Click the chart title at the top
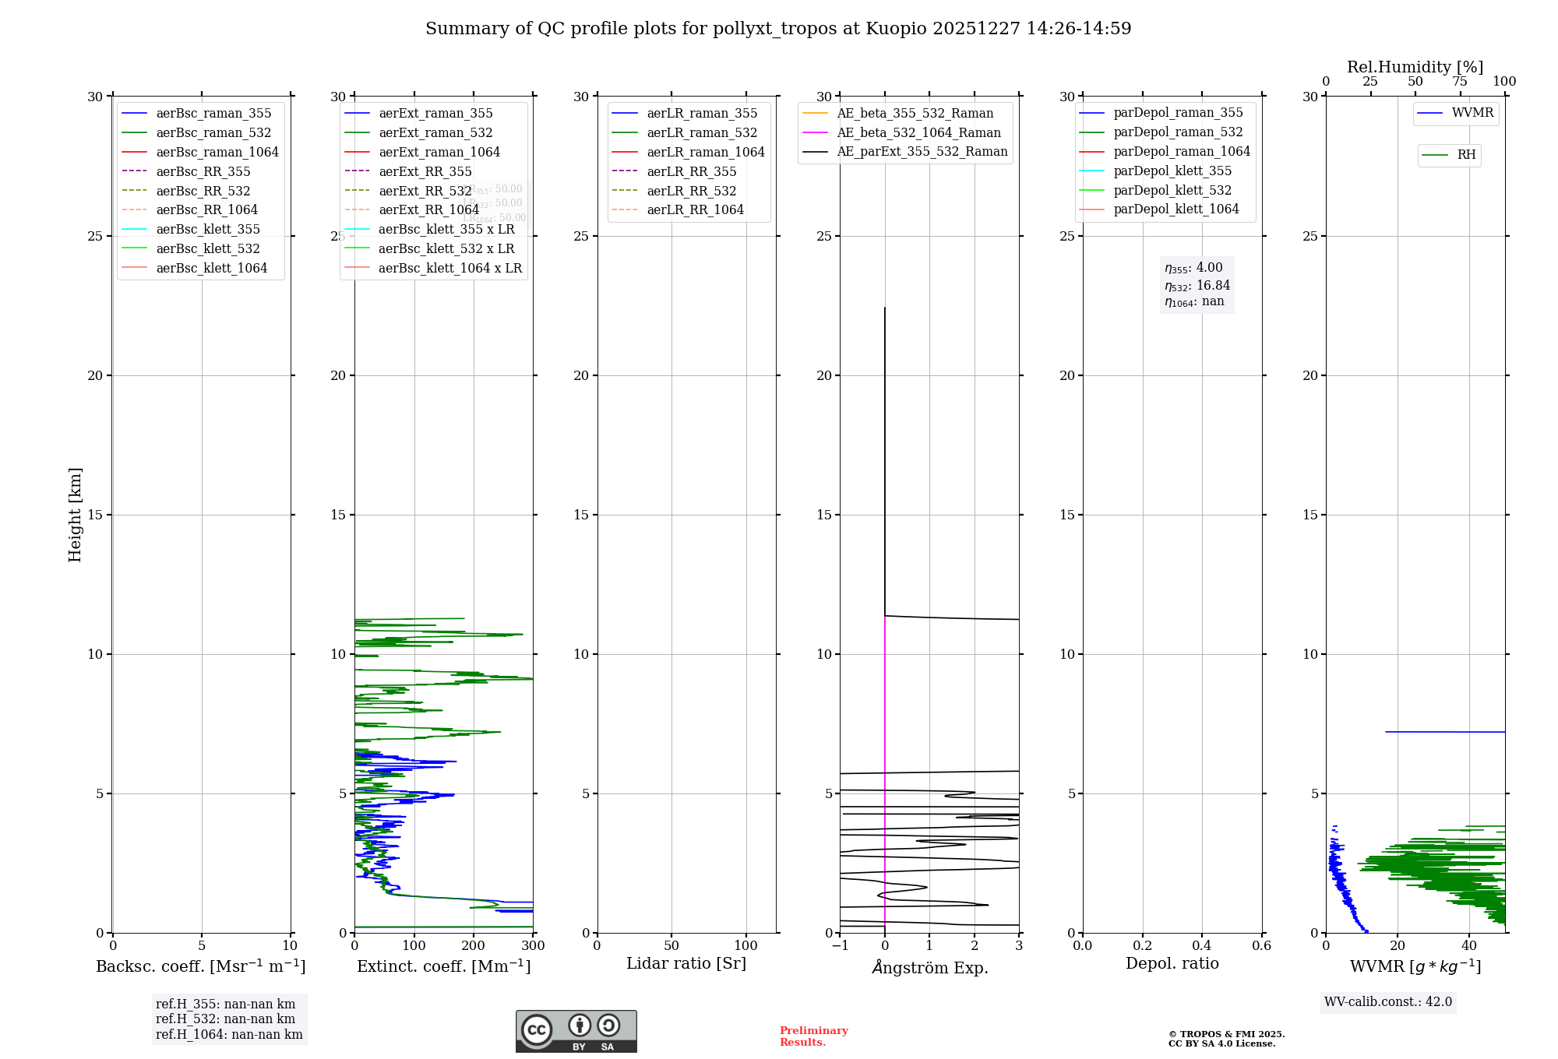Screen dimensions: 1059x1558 pyautogui.click(x=778, y=29)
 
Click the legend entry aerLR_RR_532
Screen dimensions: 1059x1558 pyautogui.click(x=691, y=191)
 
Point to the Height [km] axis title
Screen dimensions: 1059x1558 pyautogui.click(x=75, y=515)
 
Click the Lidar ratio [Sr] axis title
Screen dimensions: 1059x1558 pyautogui.click(x=686, y=963)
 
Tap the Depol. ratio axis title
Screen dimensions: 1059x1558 pyautogui.click(x=1172, y=963)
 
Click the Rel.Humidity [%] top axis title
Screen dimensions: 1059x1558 pyautogui.click(x=1415, y=67)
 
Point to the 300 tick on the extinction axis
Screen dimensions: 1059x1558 pyautogui.click(x=534, y=946)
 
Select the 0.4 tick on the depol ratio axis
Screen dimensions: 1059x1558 pyautogui.click(x=1202, y=946)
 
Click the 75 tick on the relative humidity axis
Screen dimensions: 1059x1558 pyautogui.click(x=1460, y=82)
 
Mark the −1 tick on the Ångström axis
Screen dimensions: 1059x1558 pyautogui.click(x=840, y=946)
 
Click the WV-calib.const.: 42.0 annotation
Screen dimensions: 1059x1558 pyautogui.click(x=1388, y=1002)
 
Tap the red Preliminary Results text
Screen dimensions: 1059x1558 pyautogui.click(x=813, y=1036)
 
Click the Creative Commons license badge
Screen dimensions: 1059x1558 pyautogui.click(x=576, y=1032)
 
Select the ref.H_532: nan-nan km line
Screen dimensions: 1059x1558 pyautogui.click(x=225, y=1019)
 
